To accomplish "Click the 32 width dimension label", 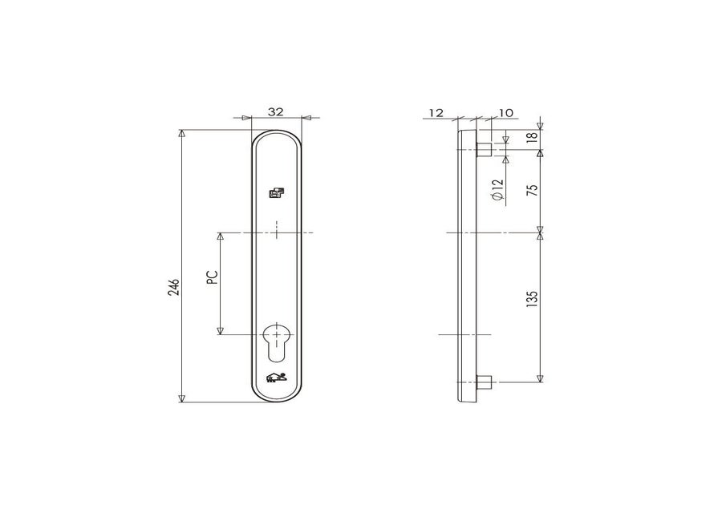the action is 275,111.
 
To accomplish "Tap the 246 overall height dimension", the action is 174,288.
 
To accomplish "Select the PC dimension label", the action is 213,277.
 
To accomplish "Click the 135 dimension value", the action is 532,298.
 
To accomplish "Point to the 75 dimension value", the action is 532,188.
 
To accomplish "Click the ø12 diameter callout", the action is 498,189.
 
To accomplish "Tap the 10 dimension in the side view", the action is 506,112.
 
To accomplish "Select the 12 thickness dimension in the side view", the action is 436,112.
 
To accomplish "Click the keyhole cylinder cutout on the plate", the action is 277,342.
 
